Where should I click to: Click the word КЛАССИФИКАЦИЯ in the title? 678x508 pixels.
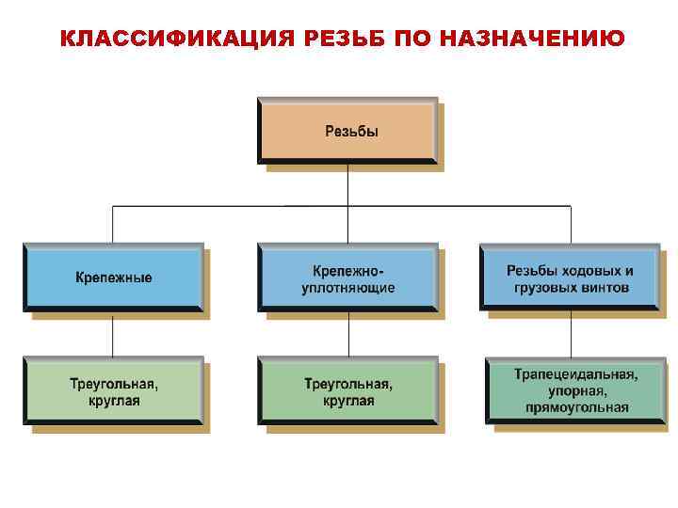tap(168, 39)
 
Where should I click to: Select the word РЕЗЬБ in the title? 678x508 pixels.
tap(342, 39)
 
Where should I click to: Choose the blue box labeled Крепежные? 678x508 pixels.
tap(113, 278)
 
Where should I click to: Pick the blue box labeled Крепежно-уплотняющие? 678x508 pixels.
tap(347, 278)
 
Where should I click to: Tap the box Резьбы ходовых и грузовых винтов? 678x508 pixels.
tap(570, 278)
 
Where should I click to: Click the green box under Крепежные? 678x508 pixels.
tap(113, 391)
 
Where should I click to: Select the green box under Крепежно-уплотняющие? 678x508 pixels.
tap(347, 391)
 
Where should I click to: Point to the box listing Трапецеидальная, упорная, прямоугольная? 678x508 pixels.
tap(575, 390)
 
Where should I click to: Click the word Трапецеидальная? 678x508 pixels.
tap(575, 374)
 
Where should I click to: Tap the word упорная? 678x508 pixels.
tap(575, 390)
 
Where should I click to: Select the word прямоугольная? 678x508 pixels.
tap(575, 407)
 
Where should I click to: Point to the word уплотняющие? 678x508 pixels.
tap(347, 287)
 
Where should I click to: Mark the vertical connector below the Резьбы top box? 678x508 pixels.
tap(347, 185)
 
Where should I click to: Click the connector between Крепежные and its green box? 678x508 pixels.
tap(113, 334)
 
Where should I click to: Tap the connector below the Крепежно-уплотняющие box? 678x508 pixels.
tap(347, 334)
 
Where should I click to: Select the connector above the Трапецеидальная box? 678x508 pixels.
tap(571, 334)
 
